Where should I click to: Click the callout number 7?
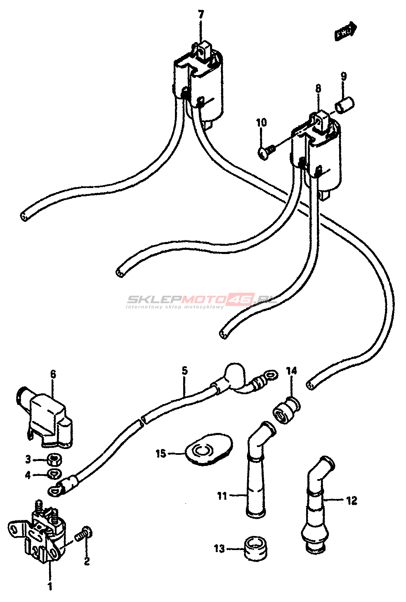pyautogui.click(x=201, y=15)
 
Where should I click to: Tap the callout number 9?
pyautogui.click(x=343, y=76)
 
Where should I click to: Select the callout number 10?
pyautogui.click(x=261, y=122)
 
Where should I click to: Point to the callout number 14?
pyautogui.click(x=291, y=371)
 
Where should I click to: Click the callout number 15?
pyautogui.click(x=161, y=454)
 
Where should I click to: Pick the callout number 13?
pyautogui.click(x=220, y=548)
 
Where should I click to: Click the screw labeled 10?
pyautogui.click(x=266, y=152)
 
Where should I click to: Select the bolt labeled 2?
pyautogui.click(x=85, y=534)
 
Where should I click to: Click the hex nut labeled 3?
pyautogui.click(x=54, y=459)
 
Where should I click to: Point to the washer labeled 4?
pyautogui.click(x=54, y=474)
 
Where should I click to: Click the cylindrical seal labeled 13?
pyautogui.click(x=256, y=548)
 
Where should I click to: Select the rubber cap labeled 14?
pyautogui.click(x=286, y=410)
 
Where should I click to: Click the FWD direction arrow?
pyautogui.click(x=345, y=31)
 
